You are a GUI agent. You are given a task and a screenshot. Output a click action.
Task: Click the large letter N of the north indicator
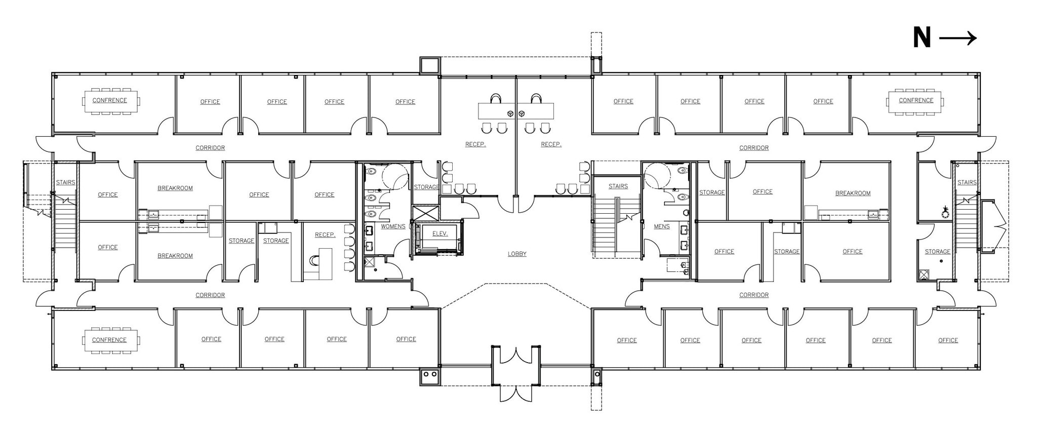click(x=922, y=38)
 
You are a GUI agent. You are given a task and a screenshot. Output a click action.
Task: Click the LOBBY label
click(x=517, y=254)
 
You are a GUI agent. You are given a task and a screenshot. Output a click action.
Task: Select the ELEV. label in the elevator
click(x=440, y=234)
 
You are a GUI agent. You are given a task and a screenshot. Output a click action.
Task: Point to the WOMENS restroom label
click(x=393, y=227)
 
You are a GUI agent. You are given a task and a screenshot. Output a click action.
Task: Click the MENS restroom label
click(x=661, y=227)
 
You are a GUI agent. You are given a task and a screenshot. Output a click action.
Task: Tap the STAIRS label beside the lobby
click(x=618, y=187)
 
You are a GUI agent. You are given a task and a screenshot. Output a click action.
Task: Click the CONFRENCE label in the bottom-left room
click(x=109, y=340)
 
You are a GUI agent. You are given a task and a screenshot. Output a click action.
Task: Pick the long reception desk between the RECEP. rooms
click(x=515, y=110)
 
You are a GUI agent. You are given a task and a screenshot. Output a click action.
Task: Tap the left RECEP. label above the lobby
click(x=475, y=145)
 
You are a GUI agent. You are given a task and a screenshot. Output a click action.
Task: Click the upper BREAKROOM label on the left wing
click(x=175, y=188)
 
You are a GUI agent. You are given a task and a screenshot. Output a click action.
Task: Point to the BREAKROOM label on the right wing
click(x=853, y=193)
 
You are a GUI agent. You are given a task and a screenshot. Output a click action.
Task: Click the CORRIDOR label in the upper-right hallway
click(x=753, y=148)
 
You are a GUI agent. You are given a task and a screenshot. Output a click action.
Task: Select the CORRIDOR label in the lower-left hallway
click(x=210, y=295)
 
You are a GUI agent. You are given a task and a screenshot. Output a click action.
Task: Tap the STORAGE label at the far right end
click(x=937, y=252)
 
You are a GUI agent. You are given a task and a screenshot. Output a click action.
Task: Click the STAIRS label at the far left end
click(x=65, y=183)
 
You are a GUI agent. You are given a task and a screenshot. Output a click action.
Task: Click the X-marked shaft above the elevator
click(x=425, y=213)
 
